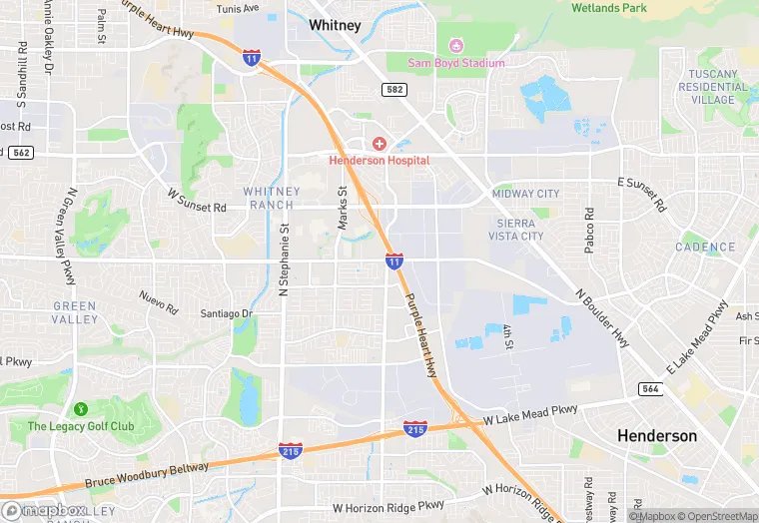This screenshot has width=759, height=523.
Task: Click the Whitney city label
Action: coord(335,24)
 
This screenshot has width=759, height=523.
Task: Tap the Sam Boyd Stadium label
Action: coord(456,63)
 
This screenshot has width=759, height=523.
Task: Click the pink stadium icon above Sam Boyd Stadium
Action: coord(457,45)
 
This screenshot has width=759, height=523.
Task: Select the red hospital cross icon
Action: coord(379,145)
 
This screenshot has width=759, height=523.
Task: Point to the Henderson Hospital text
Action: coord(379,161)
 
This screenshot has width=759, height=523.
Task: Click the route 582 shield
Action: coord(393,90)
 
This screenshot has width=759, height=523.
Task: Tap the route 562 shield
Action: coord(20,152)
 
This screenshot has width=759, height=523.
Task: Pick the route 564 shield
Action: coord(651,389)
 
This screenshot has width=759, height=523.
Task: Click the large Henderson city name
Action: coord(657,436)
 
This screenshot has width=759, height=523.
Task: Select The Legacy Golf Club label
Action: coord(80,426)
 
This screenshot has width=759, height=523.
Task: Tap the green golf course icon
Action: coord(80,409)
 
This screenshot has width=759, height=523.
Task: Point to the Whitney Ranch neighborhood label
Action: coord(271,198)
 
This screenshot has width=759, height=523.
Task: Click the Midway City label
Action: coord(525,194)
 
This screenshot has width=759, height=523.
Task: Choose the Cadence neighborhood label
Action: coord(705,248)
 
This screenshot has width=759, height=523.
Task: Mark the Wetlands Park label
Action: coord(609,8)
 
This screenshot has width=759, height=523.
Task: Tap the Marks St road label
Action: coord(343,208)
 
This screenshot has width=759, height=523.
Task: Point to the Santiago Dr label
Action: coord(228,313)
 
